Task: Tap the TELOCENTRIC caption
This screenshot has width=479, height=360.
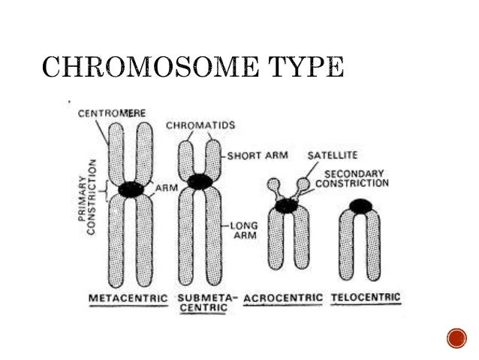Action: tap(367, 298)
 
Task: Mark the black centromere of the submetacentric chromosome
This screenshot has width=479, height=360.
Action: tap(199, 181)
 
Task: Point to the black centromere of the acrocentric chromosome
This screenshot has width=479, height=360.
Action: tap(286, 204)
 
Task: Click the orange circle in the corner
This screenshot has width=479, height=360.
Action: tap(456, 338)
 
